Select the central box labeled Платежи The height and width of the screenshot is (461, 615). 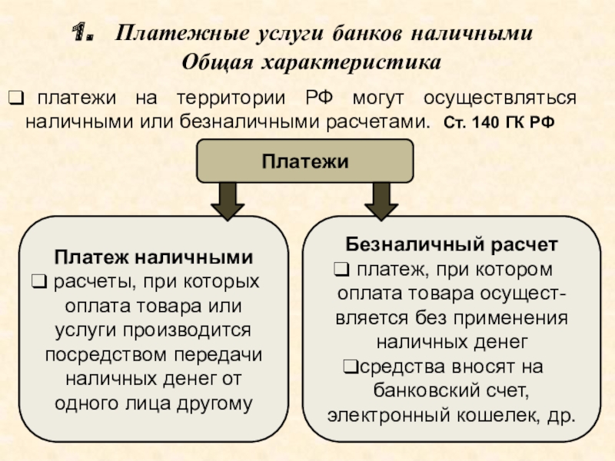click(x=305, y=161)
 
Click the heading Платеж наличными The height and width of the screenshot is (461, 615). click(x=154, y=257)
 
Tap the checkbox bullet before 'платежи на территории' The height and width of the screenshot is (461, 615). click(x=15, y=98)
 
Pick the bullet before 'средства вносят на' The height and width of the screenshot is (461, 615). click(x=347, y=365)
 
